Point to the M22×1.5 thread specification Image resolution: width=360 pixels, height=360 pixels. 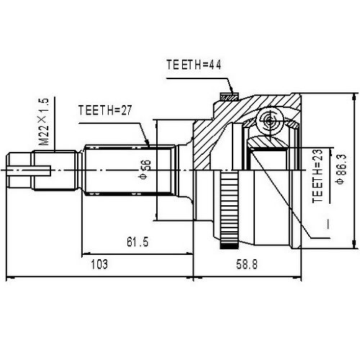(x=44, y=122)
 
